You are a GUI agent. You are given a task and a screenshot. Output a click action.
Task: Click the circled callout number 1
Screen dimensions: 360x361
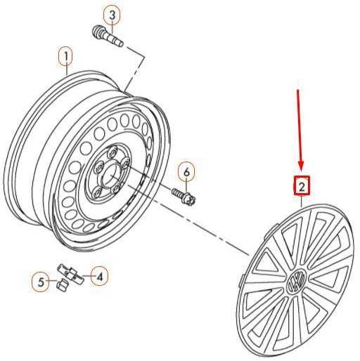[x=66, y=57]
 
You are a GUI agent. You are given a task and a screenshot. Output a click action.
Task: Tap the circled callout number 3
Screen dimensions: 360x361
[x=112, y=15]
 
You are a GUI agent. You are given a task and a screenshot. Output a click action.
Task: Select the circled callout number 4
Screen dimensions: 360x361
[x=100, y=277]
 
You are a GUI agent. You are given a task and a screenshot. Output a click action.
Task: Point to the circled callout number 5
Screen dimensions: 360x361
[x=41, y=282]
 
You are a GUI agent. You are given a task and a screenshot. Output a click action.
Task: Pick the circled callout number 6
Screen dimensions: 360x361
[x=186, y=172]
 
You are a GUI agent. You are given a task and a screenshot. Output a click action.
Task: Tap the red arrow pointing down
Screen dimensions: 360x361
[x=300, y=129]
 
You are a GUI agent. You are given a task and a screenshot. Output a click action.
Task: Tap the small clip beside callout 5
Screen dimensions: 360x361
[x=63, y=284]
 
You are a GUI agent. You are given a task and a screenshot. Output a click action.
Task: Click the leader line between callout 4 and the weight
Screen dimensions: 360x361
[x=87, y=276]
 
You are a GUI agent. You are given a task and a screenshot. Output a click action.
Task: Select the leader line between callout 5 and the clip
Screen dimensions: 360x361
[x=53, y=281]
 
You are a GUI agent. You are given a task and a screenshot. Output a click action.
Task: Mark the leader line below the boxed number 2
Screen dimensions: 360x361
[x=302, y=201]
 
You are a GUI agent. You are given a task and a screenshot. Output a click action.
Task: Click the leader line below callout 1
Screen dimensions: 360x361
[x=67, y=70]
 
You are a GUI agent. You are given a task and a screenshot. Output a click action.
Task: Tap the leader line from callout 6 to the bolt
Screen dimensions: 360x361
[x=186, y=187]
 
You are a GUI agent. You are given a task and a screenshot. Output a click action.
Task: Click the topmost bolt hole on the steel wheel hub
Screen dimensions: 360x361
[x=113, y=152]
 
